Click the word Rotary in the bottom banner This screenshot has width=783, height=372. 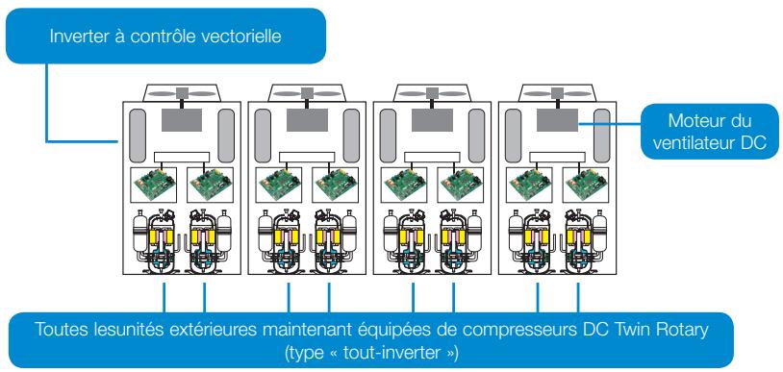point(669,332)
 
